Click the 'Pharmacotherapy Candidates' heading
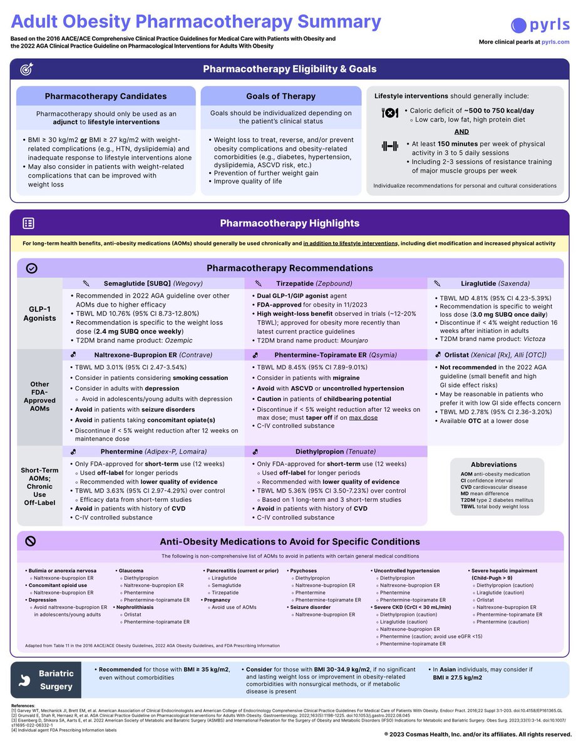click(x=106, y=96)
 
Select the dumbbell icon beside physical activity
click(x=389, y=146)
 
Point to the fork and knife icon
click(x=389, y=113)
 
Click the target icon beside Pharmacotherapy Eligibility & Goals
click(x=27, y=69)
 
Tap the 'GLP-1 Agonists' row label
click(x=39, y=313)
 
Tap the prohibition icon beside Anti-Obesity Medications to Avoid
click(x=31, y=541)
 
